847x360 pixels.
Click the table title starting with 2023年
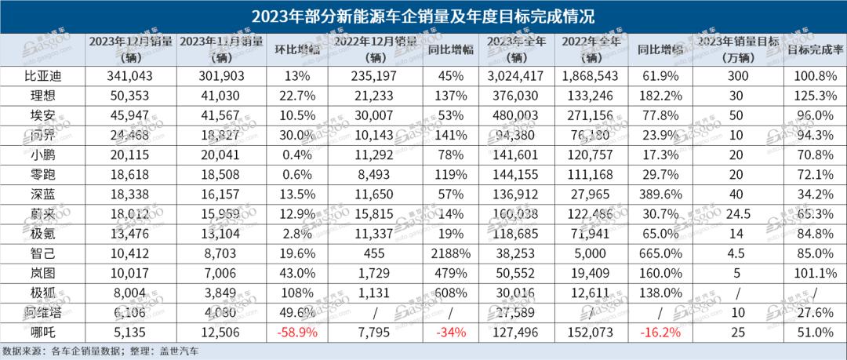coord(423,14)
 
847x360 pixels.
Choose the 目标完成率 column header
coord(816,48)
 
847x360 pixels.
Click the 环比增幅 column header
coord(296,48)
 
